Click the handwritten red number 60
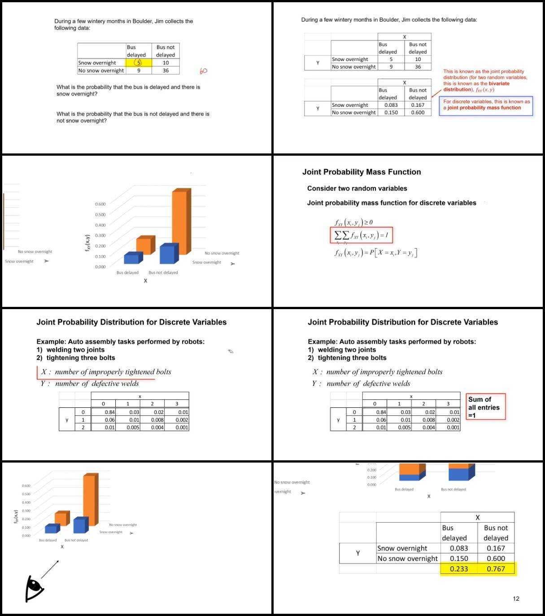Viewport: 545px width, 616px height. pos(203,71)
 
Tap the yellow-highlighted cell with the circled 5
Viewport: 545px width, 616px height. pos(139,63)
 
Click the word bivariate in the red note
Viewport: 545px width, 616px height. pos(499,83)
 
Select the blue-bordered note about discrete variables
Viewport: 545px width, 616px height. pos(486,105)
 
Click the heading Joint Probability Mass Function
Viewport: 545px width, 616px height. pos(362,172)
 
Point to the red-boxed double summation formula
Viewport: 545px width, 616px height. pos(361,235)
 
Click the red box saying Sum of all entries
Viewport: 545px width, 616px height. pos(486,407)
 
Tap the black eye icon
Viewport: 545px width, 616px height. pos(34,588)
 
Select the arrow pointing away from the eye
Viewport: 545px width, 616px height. pos(50,569)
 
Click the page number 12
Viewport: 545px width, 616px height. pos(516,599)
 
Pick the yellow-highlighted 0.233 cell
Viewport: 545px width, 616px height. pos(459,569)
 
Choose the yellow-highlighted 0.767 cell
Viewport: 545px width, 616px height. pos(496,569)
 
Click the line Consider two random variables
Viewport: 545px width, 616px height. pos(357,188)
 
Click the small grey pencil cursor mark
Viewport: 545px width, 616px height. pos(231,351)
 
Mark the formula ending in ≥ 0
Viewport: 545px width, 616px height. pos(353,222)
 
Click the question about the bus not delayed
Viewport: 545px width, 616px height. pos(133,117)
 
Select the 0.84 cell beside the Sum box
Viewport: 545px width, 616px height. pos(381,412)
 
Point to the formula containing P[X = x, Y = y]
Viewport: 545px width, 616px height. pos(375,253)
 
